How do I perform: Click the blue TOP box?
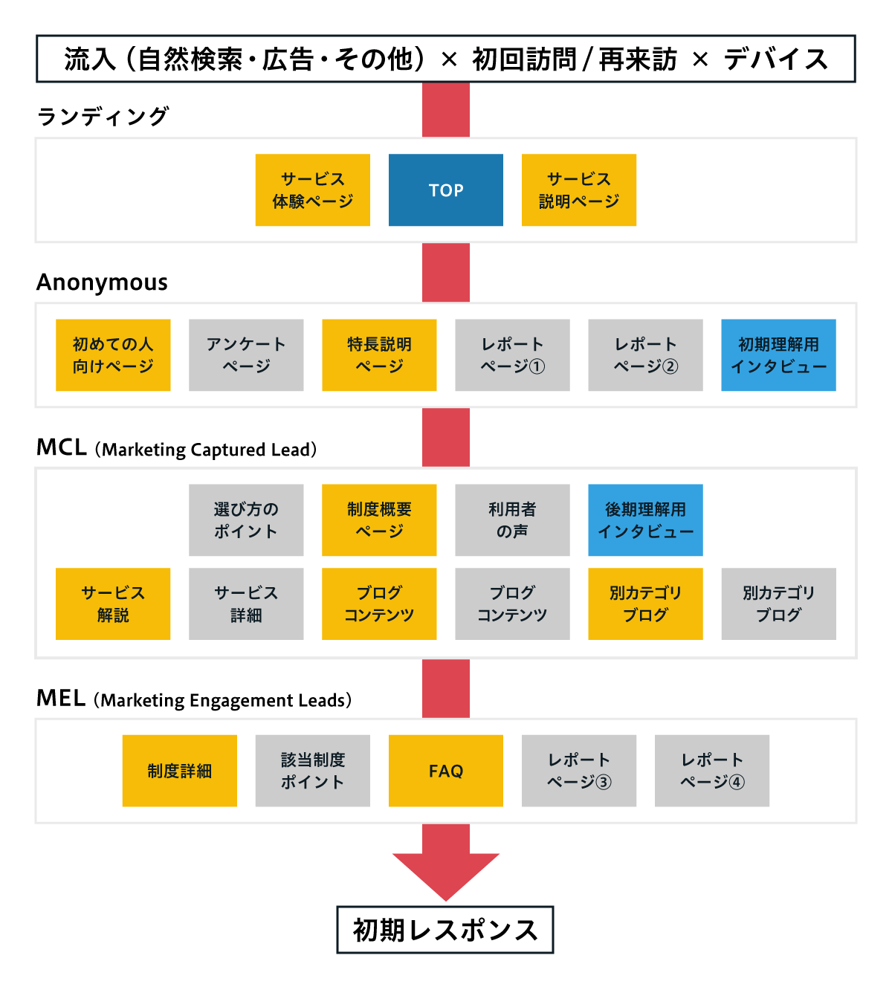pos(445,190)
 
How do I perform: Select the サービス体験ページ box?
pos(312,190)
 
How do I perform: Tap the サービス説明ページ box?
pos(578,190)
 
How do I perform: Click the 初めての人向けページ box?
pos(113,355)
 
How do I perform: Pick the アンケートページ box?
pos(246,355)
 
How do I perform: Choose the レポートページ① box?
pos(512,355)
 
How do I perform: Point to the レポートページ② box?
pos(645,355)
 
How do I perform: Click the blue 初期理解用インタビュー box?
pos(778,355)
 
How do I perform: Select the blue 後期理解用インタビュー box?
pos(645,520)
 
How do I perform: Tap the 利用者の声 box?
pos(512,520)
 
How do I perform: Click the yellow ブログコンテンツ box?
pos(379,604)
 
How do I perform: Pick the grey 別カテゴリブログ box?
pos(778,604)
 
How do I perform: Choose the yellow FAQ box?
pos(445,771)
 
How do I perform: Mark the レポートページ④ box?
pos(711,771)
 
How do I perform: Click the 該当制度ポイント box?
pos(312,771)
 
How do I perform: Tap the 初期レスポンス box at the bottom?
pos(445,930)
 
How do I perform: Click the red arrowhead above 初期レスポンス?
pos(445,873)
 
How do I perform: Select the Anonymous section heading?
pos(102,282)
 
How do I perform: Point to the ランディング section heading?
pos(103,117)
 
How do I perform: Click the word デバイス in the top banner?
pos(776,59)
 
